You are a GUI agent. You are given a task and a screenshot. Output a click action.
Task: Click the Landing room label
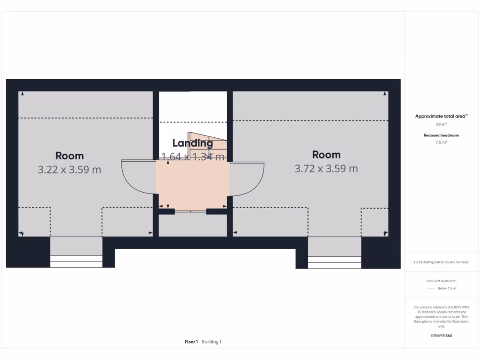[193, 143]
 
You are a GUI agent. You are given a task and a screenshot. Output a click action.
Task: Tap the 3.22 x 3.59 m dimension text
[69, 169]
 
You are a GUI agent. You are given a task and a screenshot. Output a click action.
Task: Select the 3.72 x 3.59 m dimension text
[326, 168]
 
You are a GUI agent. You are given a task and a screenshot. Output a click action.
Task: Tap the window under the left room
[76, 261]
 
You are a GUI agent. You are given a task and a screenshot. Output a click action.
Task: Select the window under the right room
[334, 262]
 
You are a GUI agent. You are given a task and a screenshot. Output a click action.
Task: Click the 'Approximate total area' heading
[441, 116]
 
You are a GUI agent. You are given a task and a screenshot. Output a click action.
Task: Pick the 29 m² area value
[441, 125]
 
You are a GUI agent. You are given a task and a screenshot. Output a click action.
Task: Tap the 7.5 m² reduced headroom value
[441, 142]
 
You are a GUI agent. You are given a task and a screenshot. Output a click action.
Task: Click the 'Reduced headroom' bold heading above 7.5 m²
[441, 135]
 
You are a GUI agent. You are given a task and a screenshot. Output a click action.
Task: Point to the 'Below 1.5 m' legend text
[446, 288]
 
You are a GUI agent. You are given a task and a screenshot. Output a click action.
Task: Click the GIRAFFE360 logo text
[441, 336]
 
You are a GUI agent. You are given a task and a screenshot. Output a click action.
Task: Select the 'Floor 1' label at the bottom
[191, 342]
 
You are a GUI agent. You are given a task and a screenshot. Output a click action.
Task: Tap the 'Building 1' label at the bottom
[211, 342]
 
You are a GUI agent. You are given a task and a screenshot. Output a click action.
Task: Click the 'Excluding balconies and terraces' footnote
[441, 262]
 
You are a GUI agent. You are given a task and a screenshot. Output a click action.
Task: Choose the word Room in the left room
[69, 156]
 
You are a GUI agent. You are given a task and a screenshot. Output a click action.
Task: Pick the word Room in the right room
[326, 155]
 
